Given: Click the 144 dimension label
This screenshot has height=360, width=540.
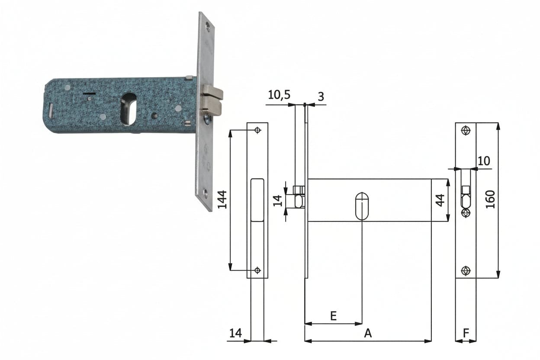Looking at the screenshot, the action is [222, 199].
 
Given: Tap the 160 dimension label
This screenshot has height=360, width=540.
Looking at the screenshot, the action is [490, 199].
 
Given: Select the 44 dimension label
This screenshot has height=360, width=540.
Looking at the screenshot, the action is [440, 200].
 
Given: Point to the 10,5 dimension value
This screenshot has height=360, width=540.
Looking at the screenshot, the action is [279, 95].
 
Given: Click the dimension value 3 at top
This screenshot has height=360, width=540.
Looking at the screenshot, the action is [321, 96].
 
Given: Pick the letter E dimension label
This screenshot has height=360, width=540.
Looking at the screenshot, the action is [334, 316].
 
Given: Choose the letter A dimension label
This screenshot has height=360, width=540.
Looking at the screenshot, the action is [368, 334].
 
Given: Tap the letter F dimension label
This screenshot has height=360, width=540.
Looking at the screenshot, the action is [466, 334].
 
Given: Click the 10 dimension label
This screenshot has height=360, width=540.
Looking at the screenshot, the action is [484, 161].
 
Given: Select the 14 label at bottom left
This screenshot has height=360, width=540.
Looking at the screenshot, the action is [235, 334].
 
